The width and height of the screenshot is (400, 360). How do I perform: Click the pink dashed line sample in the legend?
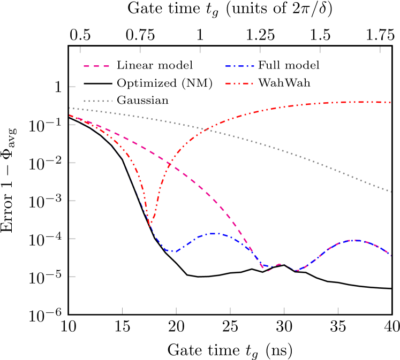[x=96, y=66]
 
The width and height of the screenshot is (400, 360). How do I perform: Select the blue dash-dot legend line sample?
[x=239, y=66]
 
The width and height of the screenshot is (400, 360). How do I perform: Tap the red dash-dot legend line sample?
[x=239, y=83]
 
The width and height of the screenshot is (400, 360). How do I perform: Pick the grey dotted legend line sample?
[x=97, y=101]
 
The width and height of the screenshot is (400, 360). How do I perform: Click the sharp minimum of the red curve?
[x=150, y=225]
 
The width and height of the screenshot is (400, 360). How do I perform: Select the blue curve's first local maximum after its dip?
[x=213, y=234]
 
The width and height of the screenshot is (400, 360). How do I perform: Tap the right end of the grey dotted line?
[x=391, y=192]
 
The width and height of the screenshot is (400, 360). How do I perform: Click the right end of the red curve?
[x=391, y=102]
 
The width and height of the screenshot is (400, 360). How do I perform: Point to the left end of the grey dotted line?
[x=70, y=108]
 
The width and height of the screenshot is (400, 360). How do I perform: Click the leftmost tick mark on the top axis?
[x=80, y=50]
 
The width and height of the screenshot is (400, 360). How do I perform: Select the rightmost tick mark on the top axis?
[x=380, y=50]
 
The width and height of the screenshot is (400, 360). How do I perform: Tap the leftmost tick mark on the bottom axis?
[x=122, y=310]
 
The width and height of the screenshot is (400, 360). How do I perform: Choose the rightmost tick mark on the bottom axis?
[x=338, y=310]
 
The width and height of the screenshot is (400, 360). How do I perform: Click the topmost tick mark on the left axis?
[x=72, y=86]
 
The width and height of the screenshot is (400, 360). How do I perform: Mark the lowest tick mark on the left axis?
[x=72, y=277]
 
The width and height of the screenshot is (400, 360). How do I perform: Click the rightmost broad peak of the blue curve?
[x=354, y=240]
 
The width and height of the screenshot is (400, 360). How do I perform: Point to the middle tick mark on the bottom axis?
[x=230, y=310]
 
